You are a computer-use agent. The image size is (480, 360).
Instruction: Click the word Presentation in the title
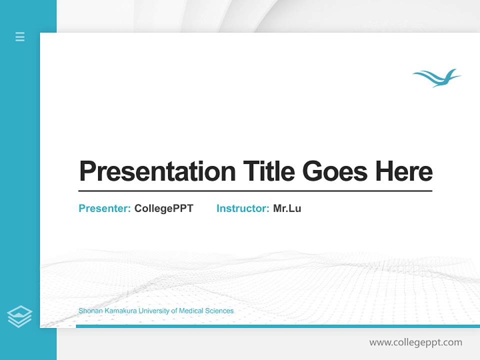(x=157, y=171)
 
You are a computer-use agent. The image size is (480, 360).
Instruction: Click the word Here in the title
(x=404, y=171)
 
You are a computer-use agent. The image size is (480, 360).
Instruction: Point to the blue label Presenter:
(x=105, y=208)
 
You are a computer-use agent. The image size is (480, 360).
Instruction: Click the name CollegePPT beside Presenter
(x=163, y=208)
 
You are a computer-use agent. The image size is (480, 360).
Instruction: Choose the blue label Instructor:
(x=243, y=208)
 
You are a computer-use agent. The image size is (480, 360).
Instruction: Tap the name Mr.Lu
(x=287, y=208)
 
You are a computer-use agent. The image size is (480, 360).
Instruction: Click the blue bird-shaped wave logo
(x=437, y=77)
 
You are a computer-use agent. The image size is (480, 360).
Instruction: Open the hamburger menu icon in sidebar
(x=20, y=36)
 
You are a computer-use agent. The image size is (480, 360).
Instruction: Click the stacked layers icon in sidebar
(x=19, y=316)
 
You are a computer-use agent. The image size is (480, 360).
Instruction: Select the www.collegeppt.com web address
(x=415, y=342)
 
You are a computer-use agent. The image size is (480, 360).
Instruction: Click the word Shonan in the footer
(x=89, y=311)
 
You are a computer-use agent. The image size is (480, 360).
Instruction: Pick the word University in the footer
(x=154, y=311)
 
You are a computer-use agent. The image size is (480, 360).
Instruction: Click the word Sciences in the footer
(x=219, y=311)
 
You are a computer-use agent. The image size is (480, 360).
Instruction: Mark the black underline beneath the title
(x=255, y=191)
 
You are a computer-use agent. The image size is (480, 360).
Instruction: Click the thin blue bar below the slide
(x=277, y=326)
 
